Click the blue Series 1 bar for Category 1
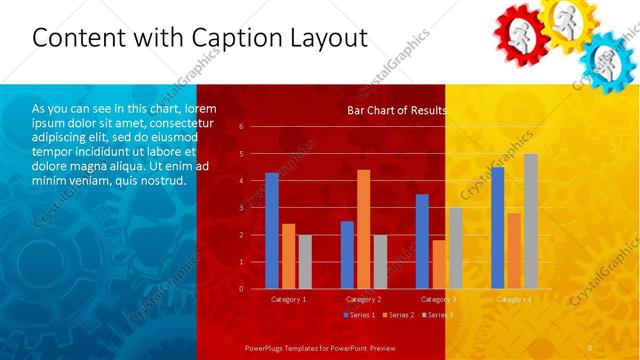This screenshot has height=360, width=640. [271, 231]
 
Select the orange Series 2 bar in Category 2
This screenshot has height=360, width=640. [363, 229]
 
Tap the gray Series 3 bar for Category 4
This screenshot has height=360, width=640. [530, 221]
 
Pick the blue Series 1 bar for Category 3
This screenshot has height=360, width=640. [422, 241]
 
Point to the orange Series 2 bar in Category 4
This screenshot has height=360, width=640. [514, 251]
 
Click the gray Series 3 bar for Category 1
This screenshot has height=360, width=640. [305, 262]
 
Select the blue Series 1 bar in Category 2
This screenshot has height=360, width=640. [347, 255]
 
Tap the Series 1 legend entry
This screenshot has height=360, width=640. [360, 315]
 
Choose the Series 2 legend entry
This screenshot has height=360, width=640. [397, 315]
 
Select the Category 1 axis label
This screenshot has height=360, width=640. [288, 299]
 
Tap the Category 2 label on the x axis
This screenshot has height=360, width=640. [363, 299]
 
